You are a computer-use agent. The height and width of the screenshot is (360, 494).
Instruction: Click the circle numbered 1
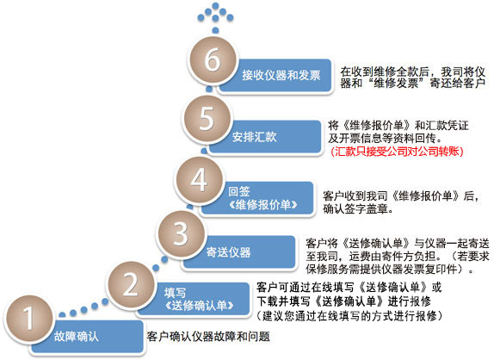click(28, 319)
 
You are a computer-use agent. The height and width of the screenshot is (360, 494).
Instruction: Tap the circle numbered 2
click(131, 285)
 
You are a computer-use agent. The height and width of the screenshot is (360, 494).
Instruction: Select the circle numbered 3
click(181, 233)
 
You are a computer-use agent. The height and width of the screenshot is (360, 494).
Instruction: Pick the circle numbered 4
click(199, 180)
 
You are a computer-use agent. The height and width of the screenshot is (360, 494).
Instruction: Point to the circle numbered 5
click(207, 119)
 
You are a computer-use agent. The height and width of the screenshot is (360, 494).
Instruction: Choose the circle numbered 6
click(213, 60)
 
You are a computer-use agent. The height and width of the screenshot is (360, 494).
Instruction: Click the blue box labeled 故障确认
click(87, 337)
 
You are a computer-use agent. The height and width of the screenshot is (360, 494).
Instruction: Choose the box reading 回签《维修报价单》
click(257, 198)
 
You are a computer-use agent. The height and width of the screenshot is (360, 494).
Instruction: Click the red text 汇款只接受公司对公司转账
click(398, 152)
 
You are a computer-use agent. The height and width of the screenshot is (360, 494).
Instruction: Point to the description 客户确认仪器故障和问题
click(208, 337)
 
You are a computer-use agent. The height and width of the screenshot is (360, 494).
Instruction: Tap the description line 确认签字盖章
click(358, 208)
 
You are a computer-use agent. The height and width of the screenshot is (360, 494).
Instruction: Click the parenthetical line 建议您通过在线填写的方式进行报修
click(350, 315)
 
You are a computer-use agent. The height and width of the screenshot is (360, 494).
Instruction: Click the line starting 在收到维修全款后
click(412, 71)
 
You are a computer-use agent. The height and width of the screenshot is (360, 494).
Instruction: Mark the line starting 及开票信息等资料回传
click(386, 138)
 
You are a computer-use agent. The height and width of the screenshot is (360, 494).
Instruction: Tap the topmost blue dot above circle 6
click(215, 6)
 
